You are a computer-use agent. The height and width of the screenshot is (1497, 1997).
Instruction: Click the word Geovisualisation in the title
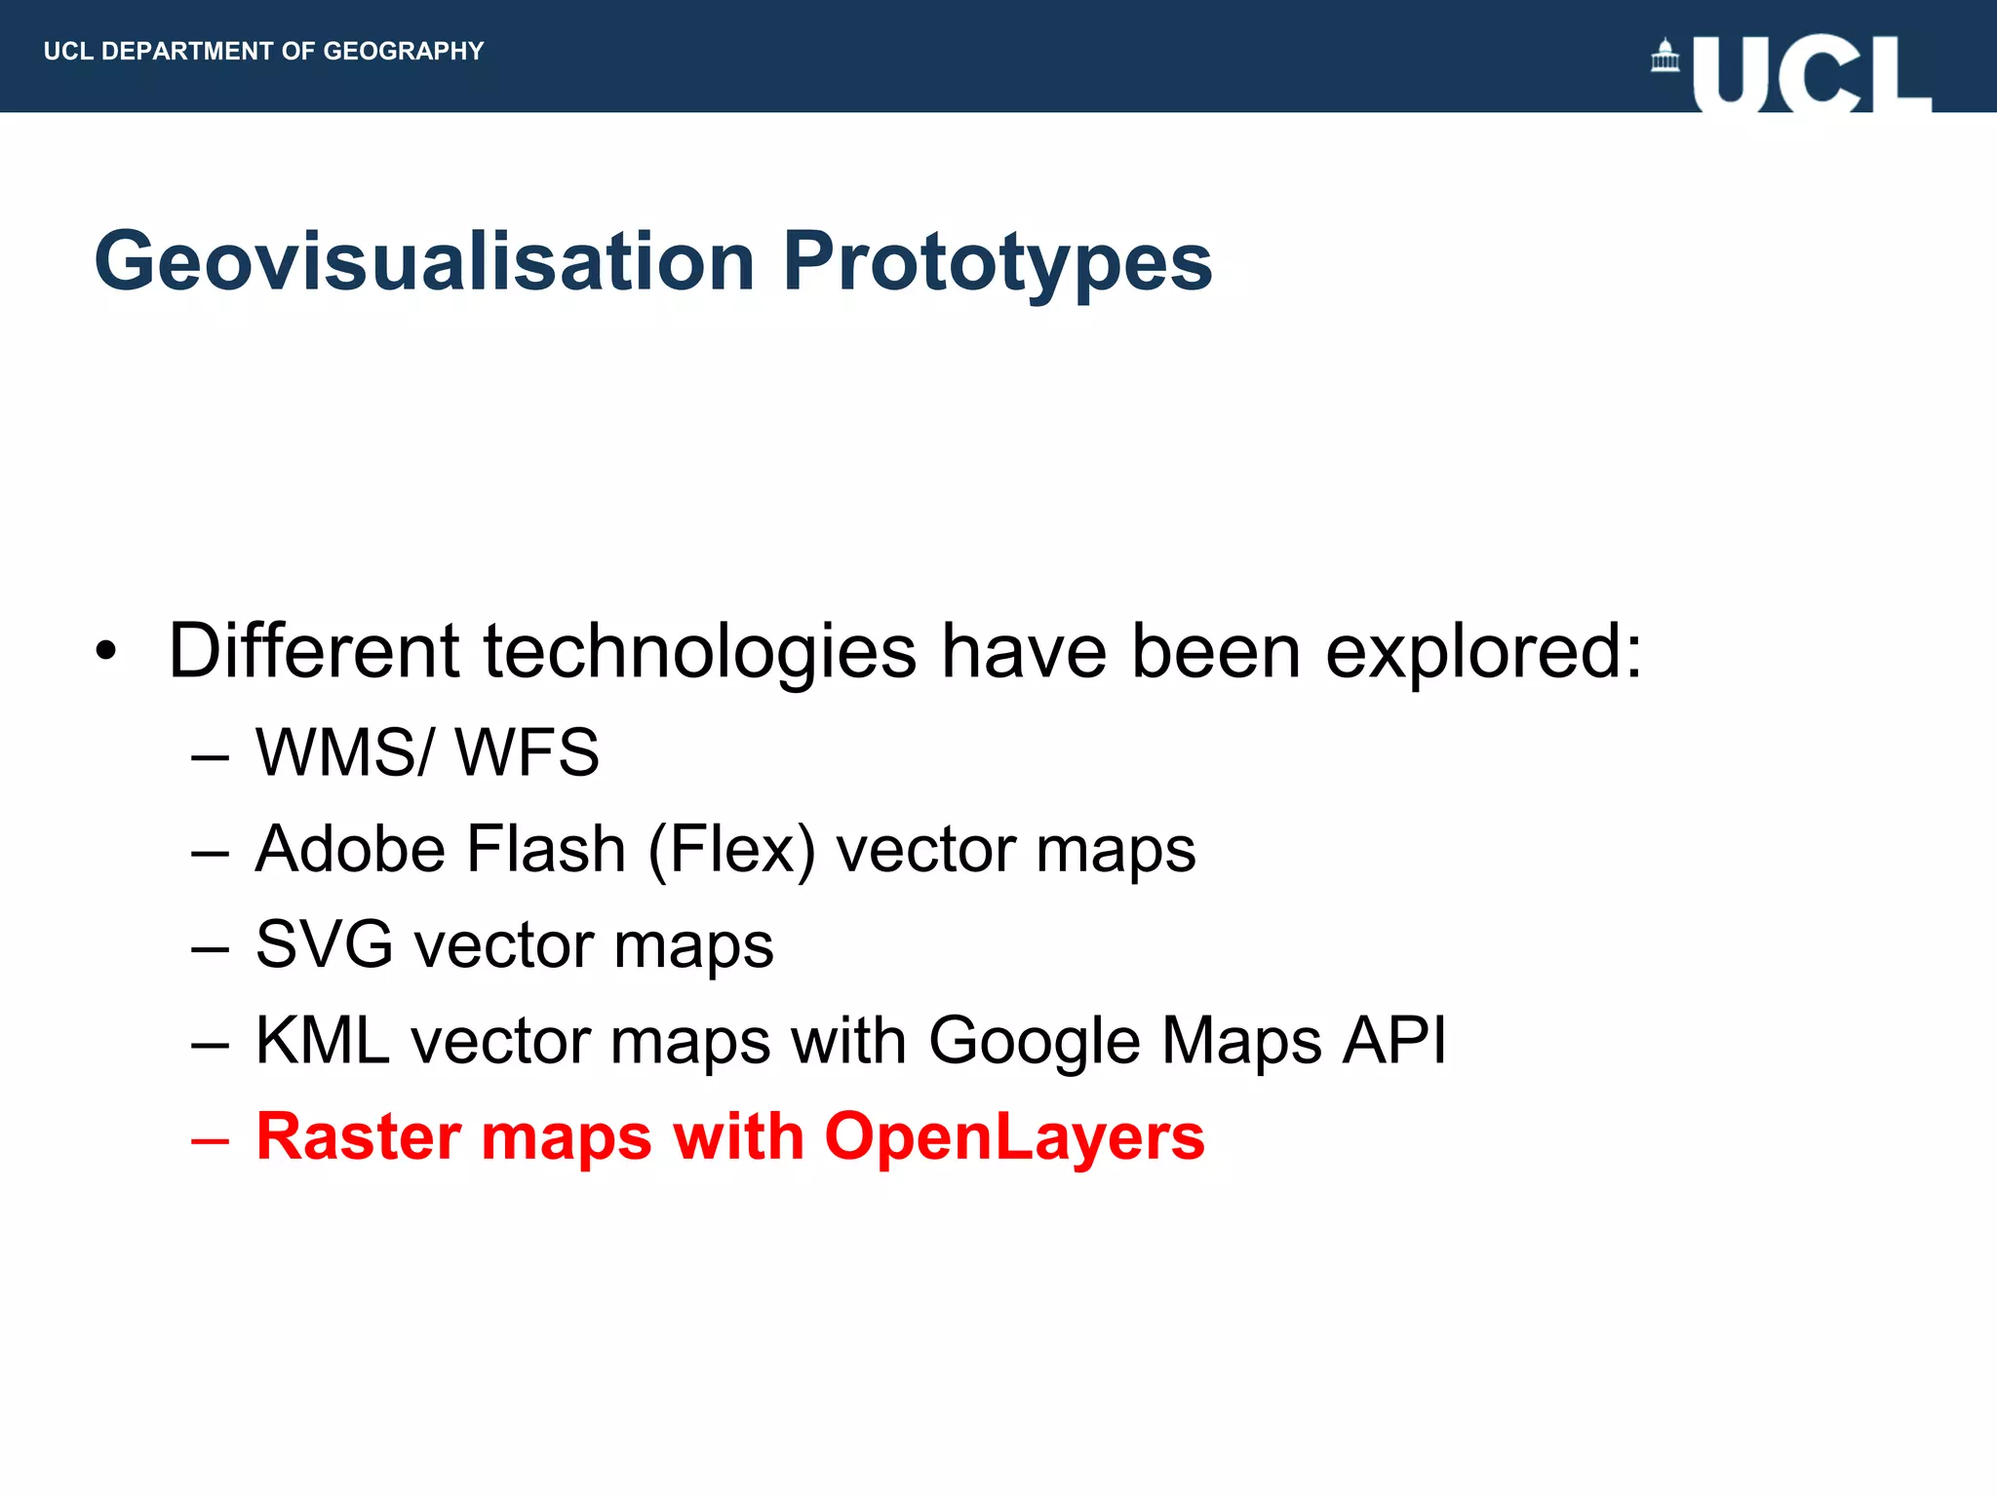424,261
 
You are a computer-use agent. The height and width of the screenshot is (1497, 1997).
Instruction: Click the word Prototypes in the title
998,261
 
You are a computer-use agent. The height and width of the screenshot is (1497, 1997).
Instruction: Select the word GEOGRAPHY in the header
404,51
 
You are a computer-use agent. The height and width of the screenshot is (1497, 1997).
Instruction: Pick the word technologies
699,651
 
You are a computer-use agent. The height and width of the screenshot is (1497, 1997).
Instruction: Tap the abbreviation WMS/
343,752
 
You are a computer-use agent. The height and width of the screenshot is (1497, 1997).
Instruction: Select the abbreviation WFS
528,752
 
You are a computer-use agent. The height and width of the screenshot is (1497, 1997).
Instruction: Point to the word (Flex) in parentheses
731,849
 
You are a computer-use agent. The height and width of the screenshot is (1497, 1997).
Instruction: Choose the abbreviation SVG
325,944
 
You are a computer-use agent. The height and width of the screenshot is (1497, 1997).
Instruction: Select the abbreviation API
1394,1041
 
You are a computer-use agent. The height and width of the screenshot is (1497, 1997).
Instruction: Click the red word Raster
358,1136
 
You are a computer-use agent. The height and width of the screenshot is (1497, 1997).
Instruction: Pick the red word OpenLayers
1014,1136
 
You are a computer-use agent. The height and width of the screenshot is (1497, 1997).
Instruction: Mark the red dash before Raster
211,1139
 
